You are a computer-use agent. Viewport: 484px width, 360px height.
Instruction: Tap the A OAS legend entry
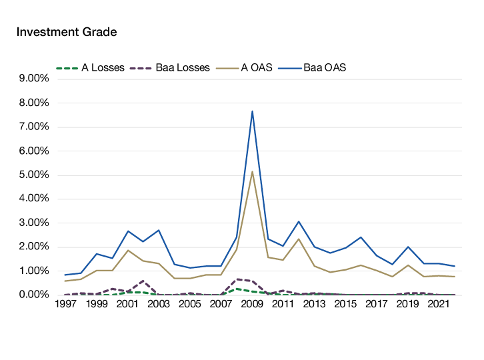click(256, 67)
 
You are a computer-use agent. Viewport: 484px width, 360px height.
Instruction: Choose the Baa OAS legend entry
click(325, 67)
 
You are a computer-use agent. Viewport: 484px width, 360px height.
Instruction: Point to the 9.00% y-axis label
click(33, 79)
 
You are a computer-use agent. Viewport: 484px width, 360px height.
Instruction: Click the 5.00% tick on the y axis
click(33, 175)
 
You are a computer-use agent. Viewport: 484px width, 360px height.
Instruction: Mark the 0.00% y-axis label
click(33, 295)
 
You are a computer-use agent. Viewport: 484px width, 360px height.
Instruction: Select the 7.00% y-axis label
click(33, 127)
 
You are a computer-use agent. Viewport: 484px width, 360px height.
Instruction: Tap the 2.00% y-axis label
click(33, 247)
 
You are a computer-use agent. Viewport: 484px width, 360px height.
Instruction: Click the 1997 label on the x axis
click(65, 304)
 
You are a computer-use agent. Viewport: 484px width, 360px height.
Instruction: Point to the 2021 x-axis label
click(438, 304)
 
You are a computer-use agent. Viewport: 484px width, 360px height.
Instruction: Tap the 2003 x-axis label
click(159, 304)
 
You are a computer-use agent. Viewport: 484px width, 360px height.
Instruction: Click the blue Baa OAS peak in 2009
click(252, 110)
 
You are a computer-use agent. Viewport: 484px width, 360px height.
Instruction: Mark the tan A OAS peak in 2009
click(252, 171)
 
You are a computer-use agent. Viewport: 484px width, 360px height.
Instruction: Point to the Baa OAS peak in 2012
click(299, 221)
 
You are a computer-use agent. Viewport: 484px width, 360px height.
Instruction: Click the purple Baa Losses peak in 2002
click(143, 281)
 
